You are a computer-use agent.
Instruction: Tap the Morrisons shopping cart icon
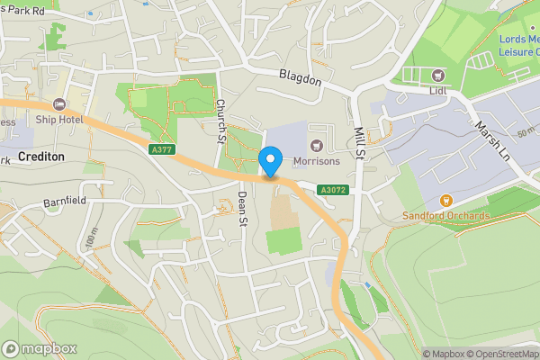pyautogui.click(x=316, y=146)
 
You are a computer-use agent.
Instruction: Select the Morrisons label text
pyautogui.click(x=316, y=163)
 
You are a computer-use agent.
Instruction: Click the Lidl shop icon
pyautogui.click(x=438, y=76)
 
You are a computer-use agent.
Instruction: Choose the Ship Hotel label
pyautogui.click(x=59, y=120)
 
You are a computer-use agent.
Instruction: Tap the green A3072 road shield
pyautogui.click(x=333, y=190)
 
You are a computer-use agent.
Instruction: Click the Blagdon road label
pyautogui.click(x=300, y=80)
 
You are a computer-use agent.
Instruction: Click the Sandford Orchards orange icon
pyautogui.click(x=445, y=201)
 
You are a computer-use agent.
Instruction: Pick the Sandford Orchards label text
pyautogui.click(x=445, y=217)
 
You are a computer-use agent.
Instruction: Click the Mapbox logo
pyautogui.click(x=40, y=348)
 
